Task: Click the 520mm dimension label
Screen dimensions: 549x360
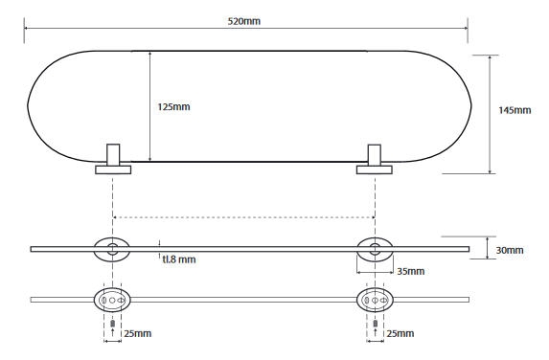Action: click(x=244, y=21)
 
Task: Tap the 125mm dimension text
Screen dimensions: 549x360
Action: click(x=173, y=106)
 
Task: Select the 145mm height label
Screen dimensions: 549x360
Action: click(x=515, y=110)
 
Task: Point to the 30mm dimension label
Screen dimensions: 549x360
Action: click(x=510, y=250)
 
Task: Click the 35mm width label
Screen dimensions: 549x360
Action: click(x=411, y=271)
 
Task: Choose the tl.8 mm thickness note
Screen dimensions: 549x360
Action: click(x=179, y=259)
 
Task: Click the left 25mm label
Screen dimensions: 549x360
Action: click(x=138, y=333)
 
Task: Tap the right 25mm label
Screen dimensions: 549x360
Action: click(x=400, y=333)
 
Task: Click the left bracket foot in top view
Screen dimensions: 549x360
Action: click(x=113, y=169)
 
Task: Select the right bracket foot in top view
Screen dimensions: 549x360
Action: click(x=375, y=169)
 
